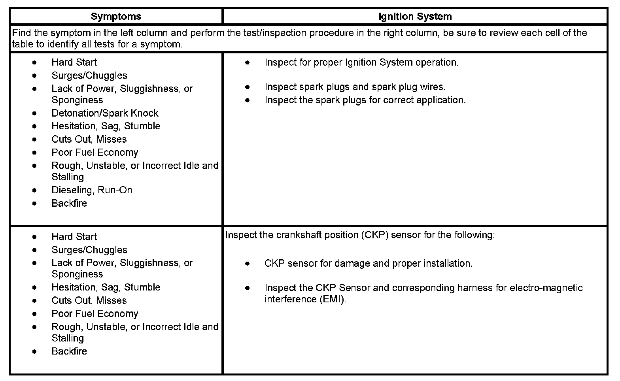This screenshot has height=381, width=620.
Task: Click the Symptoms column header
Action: [115, 17]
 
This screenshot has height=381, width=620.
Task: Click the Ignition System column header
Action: [415, 17]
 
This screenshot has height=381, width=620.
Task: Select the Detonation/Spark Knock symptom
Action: [105, 113]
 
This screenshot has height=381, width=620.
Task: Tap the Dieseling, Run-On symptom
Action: [92, 190]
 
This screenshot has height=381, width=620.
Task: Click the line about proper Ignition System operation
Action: [361, 62]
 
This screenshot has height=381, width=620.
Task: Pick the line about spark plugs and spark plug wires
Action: [355, 87]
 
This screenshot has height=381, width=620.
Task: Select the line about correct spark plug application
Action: [365, 100]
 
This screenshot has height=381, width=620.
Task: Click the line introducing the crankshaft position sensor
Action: [360, 235]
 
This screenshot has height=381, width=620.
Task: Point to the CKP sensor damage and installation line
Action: [368, 263]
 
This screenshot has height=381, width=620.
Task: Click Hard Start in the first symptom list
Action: [74, 62]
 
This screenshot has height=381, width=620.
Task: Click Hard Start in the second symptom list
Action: [74, 237]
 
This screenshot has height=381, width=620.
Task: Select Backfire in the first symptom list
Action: [69, 203]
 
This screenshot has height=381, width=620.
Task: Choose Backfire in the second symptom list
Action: [69, 351]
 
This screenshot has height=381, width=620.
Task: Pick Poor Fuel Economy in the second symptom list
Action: [95, 314]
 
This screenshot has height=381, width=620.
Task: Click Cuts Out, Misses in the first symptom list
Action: [89, 139]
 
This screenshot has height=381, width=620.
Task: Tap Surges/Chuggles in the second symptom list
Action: [89, 250]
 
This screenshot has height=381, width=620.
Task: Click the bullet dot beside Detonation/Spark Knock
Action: [35, 113]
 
